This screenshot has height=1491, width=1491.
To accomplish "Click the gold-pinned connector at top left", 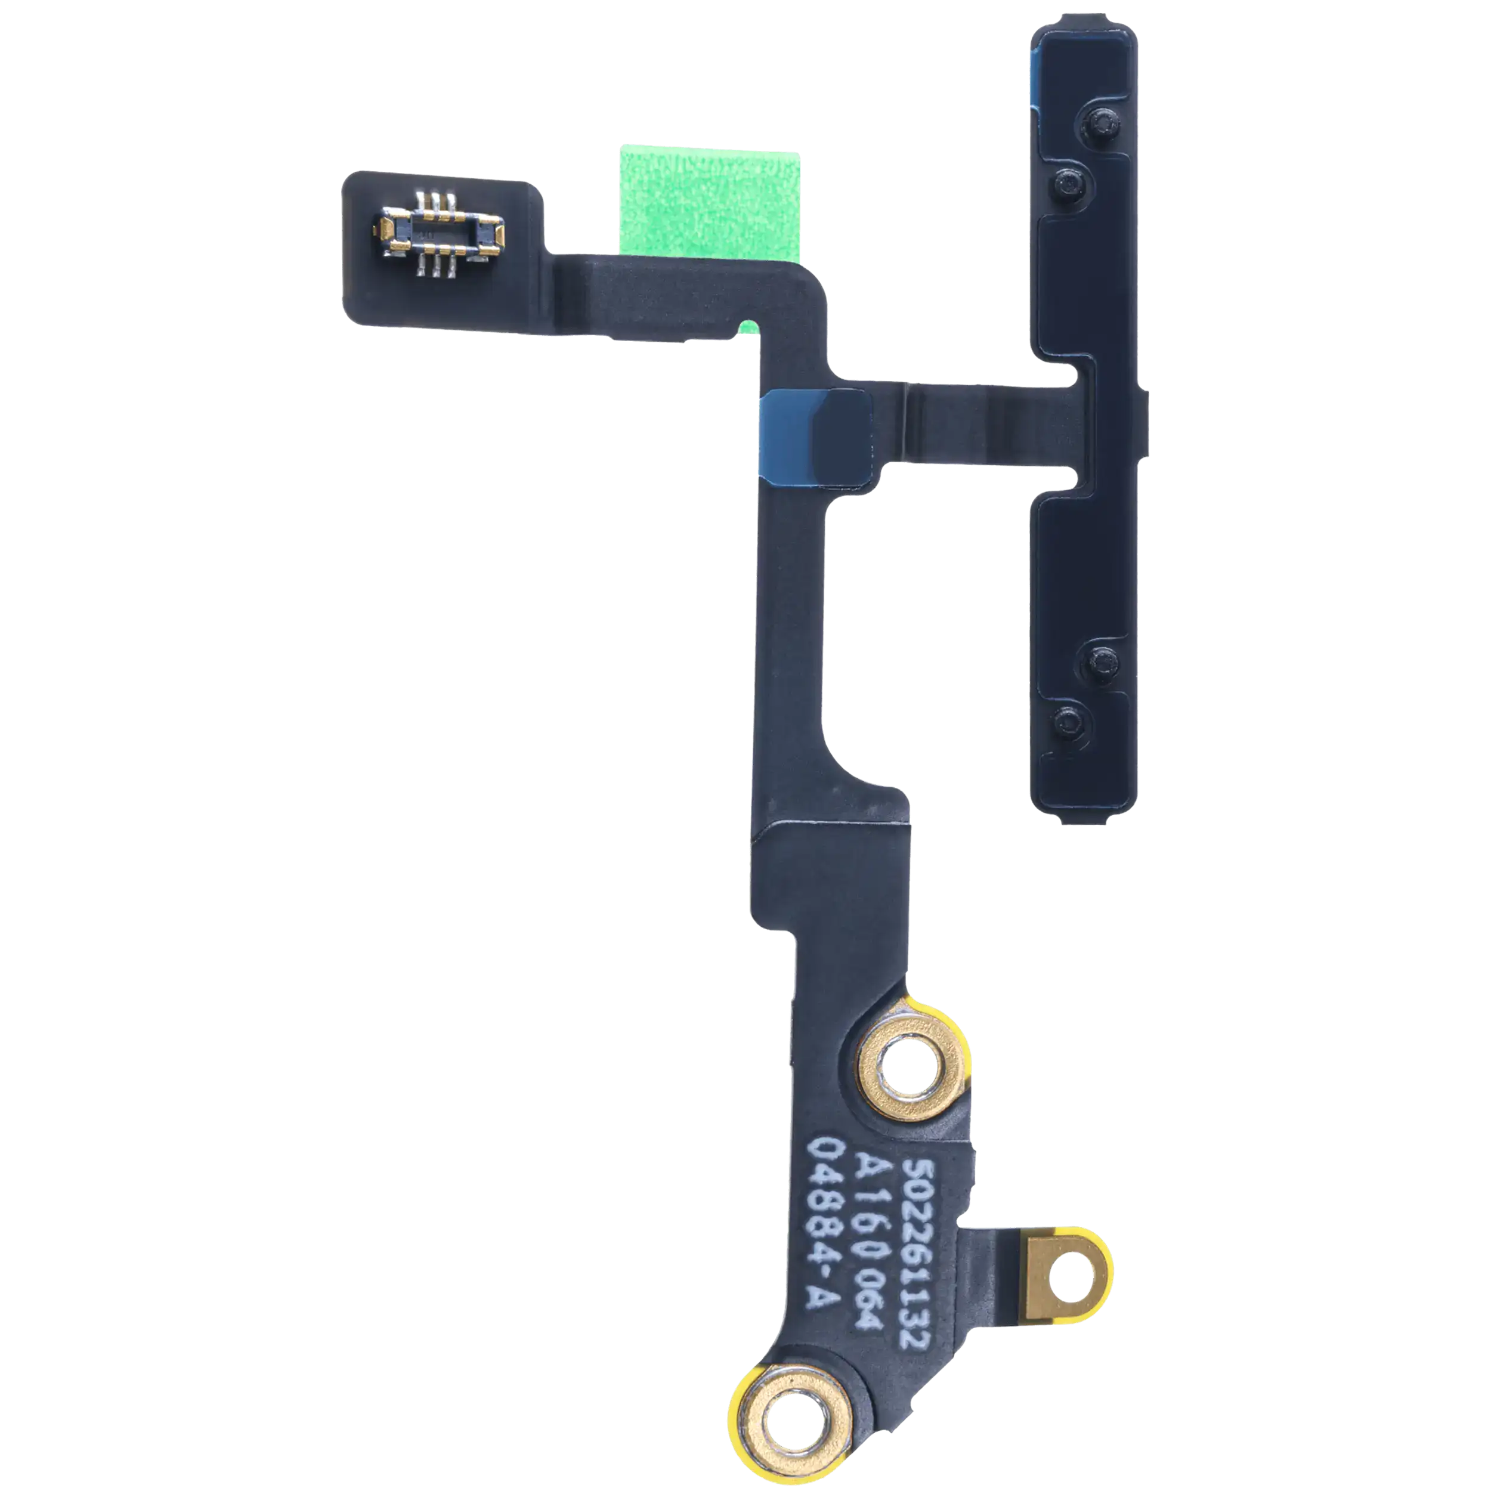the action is (439, 234).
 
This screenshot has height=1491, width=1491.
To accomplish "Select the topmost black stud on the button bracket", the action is (1102, 121).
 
